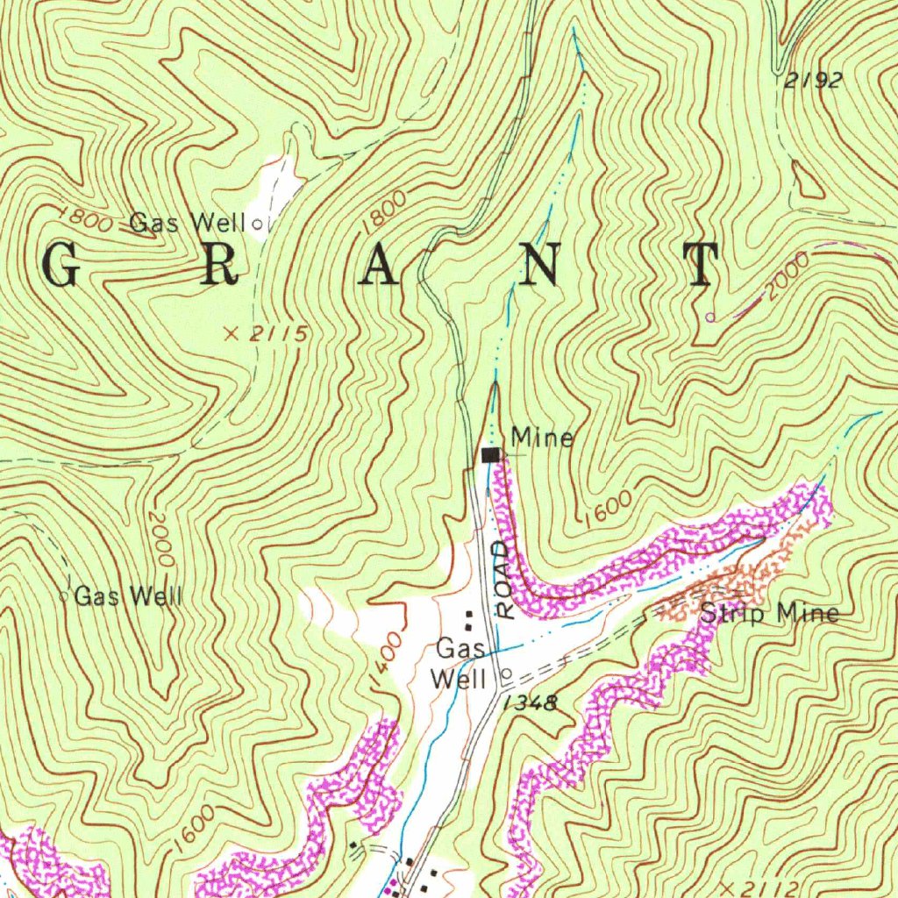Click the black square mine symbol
(491, 454)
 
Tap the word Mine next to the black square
(543, 437)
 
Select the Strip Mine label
(769, 614)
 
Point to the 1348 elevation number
(531, 702)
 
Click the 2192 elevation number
(814, 81)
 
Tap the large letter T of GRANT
(702, 266)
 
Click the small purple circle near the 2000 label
(710, 316)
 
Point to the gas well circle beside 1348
(505, 674)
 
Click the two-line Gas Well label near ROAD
(460, 664)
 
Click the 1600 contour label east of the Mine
(606, 507)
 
